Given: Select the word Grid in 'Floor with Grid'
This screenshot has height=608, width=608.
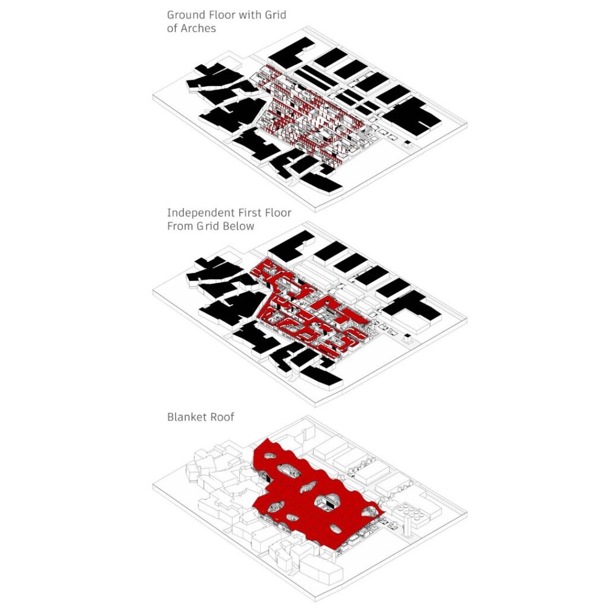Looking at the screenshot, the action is [275, 15].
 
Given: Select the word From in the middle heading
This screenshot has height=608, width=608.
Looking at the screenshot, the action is [180, 226].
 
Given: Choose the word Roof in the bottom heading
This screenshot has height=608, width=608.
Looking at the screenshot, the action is [222, 417].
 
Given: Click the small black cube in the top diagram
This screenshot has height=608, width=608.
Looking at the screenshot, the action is [407, 144].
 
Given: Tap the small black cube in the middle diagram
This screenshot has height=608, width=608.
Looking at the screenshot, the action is [407, 337].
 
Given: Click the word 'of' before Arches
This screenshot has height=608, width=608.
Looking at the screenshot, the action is [172, 28].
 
